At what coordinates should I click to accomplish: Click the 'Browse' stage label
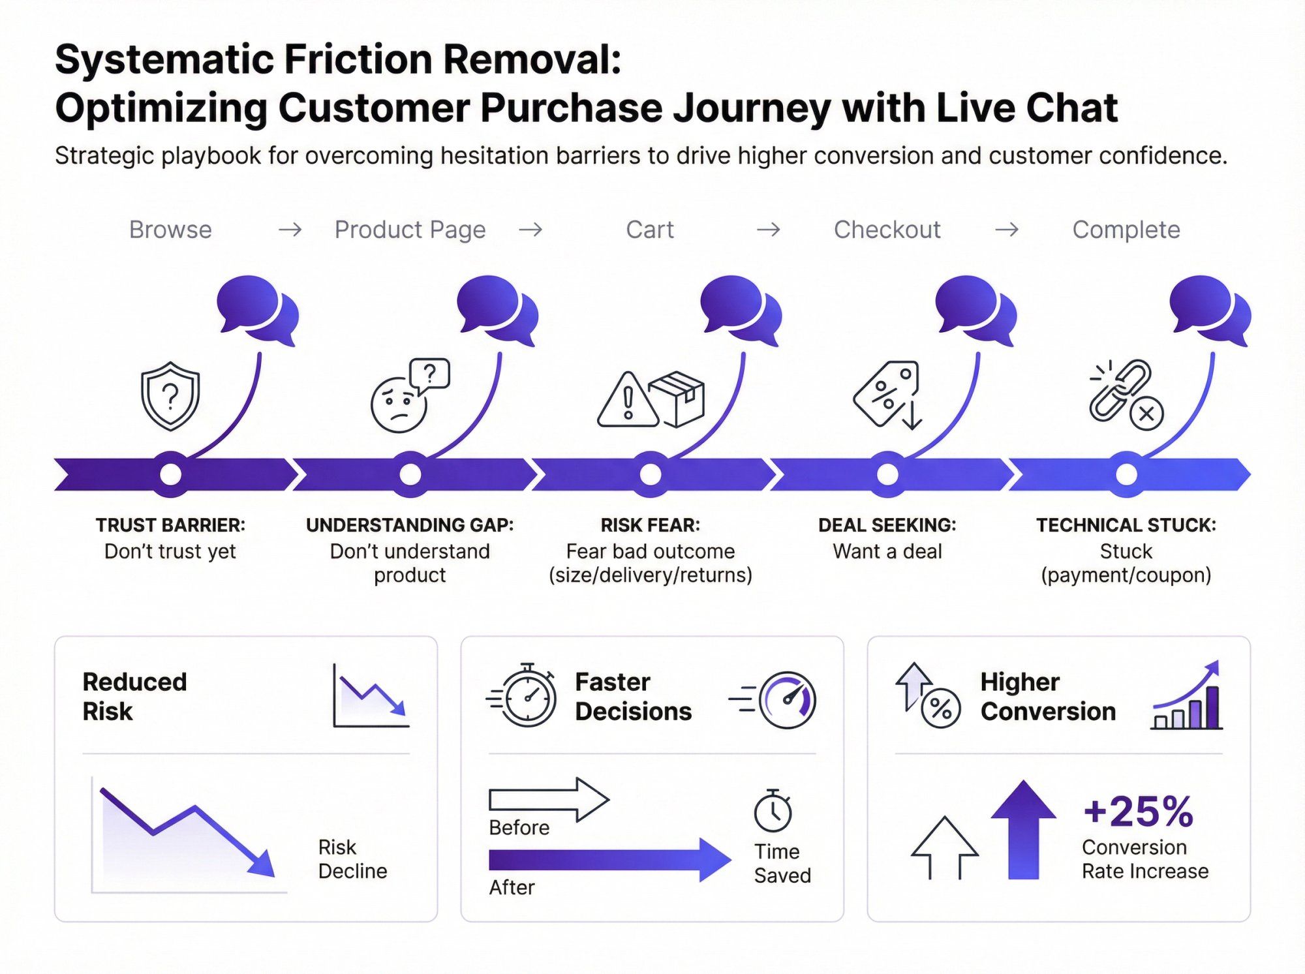click(x=170, y=230)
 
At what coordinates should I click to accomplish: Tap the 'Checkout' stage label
click(x=887, y=230)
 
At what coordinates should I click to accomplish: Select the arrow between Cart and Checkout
click(x=768, y=230)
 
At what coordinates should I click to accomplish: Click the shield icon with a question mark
click(x=170, y=396)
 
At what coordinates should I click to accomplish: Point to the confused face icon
click(x=399, y=405)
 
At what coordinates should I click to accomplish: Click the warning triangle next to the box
click(x=627, y=401)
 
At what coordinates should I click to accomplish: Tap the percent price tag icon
click(x=885, y=393)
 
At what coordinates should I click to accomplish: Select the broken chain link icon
click(x=1120, y=391)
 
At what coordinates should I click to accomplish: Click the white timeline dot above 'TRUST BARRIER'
click(x=170, y=474)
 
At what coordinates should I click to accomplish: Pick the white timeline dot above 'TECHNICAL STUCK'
click(x=1126, y=474)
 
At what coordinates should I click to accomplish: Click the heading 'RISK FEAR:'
click(x=650, y=525)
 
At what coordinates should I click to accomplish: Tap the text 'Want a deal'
click(x=887, y=552)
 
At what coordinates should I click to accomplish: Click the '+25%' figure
click(x=1138, y=812)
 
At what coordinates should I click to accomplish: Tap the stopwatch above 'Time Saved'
click(x=773, y=811)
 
